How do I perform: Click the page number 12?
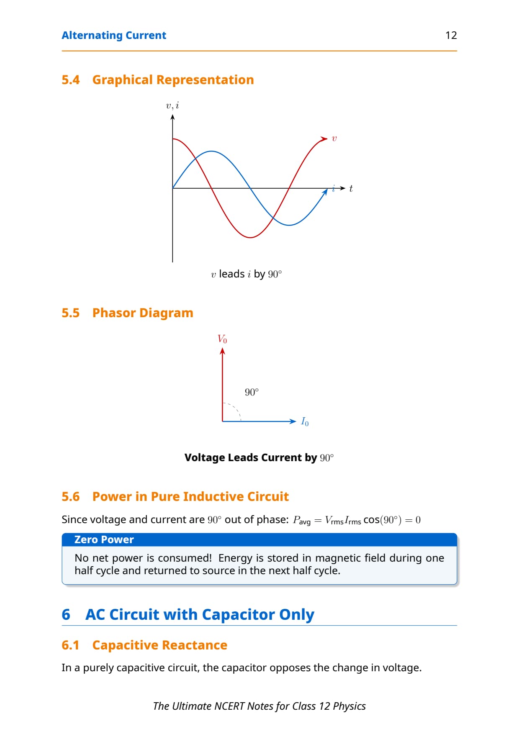[451, 35]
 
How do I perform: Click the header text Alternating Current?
[114, 35]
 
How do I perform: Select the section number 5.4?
[70, 80]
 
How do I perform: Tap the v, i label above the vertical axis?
[172, 105]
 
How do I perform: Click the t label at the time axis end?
[351, 188]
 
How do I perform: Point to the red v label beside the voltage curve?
[334, 139]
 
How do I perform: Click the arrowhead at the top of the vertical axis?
[172, 117]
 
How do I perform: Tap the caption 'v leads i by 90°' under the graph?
[247, 274]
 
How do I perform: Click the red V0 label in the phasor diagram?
[222, 339]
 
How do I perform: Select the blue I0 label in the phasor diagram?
[305, 422]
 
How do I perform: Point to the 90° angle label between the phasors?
[252, 392]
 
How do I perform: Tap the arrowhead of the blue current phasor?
[293, 421]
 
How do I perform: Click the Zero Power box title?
[104, 540]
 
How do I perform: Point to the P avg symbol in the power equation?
[302, 520]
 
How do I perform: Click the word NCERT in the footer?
[229, 706]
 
